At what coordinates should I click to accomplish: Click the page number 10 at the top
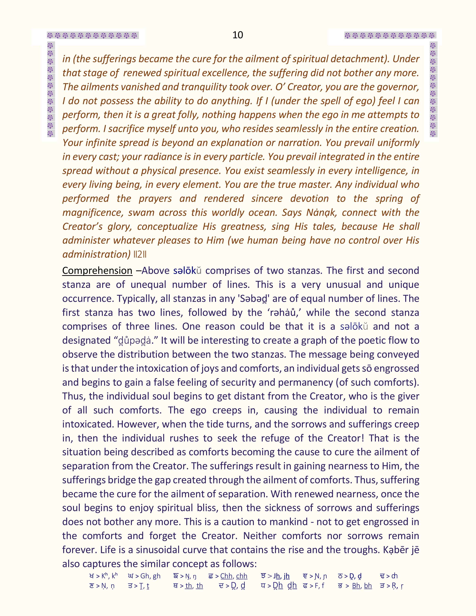pyautogui.click(x=238, y=35)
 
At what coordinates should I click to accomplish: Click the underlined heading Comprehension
pyautogui.click(x=97, y=270)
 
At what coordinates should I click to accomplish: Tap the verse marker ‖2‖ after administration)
pyautogui.click(x=140, y=254)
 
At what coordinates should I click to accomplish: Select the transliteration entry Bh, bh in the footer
pyautogui.click(x=362, y=586)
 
